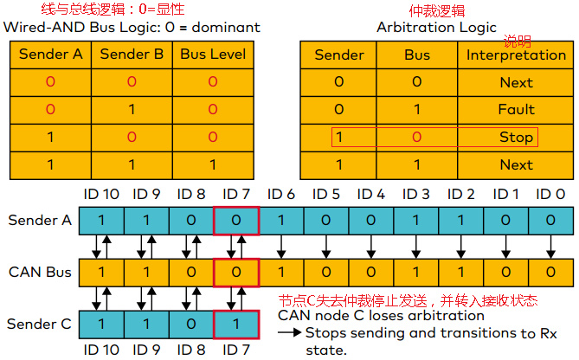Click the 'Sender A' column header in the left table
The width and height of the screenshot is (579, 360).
click(49, 54)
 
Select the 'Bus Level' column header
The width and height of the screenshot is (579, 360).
click(213, 54)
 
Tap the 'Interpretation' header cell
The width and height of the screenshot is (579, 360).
click(516, 55)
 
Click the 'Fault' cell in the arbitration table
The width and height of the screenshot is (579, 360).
click(516, 110)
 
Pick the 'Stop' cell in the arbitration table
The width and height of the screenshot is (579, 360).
click(516, 137)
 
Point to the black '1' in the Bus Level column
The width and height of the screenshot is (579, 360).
click(213, 164)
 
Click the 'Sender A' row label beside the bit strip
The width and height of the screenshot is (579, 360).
click(39, 220)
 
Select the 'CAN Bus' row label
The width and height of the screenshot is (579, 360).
click(39, 273)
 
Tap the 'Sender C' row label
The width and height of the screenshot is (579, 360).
click(39, 324)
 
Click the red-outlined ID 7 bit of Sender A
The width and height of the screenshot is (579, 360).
click(236, 220)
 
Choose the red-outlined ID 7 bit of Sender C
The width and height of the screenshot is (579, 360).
click(236, 324)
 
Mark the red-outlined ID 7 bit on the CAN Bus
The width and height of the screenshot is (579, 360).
click(236, 273)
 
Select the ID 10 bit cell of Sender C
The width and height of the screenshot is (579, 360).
click(100, 324)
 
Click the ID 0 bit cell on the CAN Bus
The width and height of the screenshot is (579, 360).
click(550, 273)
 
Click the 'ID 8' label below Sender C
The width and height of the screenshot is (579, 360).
click(190, 350)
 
